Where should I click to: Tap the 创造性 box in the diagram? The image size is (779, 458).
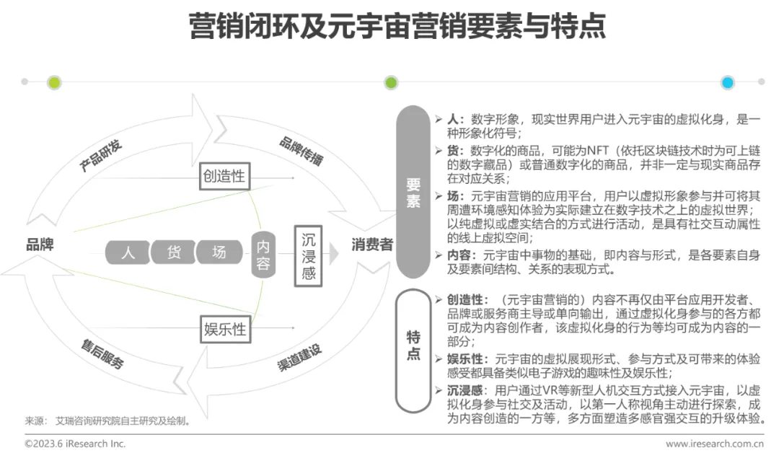tap(225, 176)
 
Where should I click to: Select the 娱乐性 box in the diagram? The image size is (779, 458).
tap(225, 330)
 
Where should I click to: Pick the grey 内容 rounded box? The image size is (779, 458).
tap(263, 254)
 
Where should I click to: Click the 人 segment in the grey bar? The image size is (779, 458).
tap(128, 252)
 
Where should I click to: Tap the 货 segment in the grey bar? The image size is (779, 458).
tap(174, 252)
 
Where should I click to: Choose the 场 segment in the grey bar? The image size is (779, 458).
tap(219, 252)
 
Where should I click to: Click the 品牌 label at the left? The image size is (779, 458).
tap(40, 245)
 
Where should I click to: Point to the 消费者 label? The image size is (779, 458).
tap(372, 245)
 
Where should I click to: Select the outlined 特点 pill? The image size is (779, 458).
tap(413, 345)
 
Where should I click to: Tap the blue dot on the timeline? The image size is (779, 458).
tap(727, 82)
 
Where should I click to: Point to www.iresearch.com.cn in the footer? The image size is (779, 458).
tap(714, 444)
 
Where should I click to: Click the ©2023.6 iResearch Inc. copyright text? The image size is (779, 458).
tap(75, 444)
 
